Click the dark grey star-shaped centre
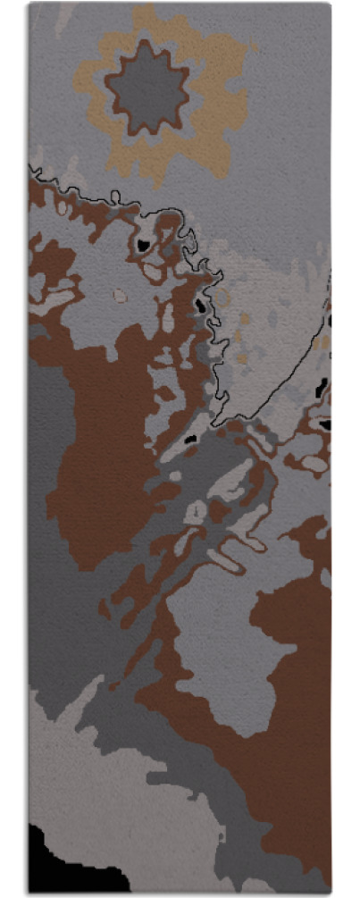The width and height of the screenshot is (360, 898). click(x=147, y=88)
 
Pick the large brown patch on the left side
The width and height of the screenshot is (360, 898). click(x=98, y=447)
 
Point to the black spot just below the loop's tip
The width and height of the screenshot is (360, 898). click(x=189, y=439)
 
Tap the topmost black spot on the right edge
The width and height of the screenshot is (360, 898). click(x=329, y=319)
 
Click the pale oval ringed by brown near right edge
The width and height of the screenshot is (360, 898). click(x=313, y=463)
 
